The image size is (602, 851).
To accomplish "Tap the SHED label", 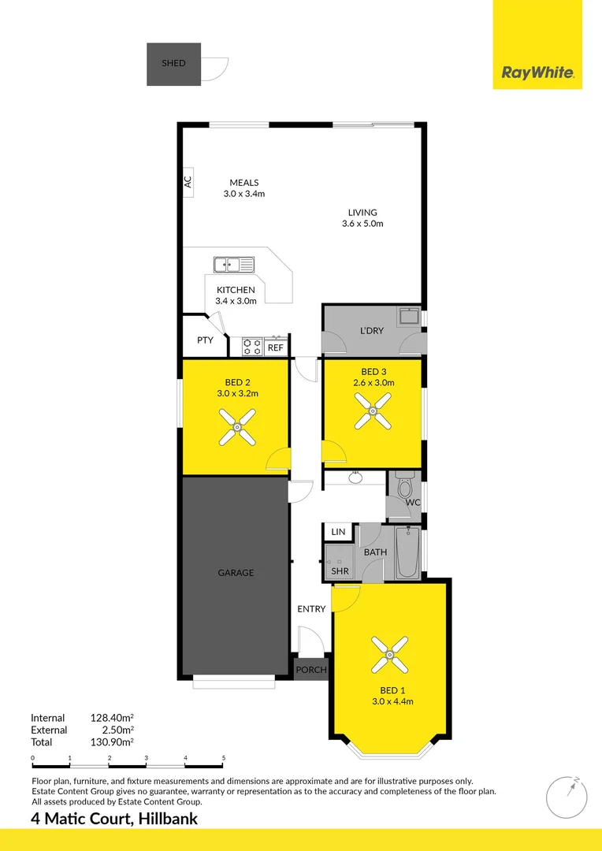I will (x=173, y=63).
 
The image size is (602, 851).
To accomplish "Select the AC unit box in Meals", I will (x=188, y=182).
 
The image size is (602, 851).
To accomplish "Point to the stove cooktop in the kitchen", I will (x=252, y=346).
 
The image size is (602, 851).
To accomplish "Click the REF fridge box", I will (x=275, y=347).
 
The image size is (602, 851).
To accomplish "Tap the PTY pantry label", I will (x=205, y=341).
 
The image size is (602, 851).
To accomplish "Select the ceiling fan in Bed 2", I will (x=236, y=426).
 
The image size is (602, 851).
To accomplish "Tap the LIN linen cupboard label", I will (x=338, y=533).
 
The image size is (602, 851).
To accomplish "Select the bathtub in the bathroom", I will (x=407, y=552).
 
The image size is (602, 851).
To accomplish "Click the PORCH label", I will (x=310, y=670).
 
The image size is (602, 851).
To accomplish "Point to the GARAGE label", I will (x=236, y=573).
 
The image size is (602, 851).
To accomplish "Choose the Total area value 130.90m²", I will (x=112, y=741).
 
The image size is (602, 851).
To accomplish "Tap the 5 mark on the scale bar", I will (x=224, y=758).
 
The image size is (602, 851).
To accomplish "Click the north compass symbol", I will (x=567, y=797).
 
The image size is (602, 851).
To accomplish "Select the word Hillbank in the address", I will (x=168, y=819).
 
